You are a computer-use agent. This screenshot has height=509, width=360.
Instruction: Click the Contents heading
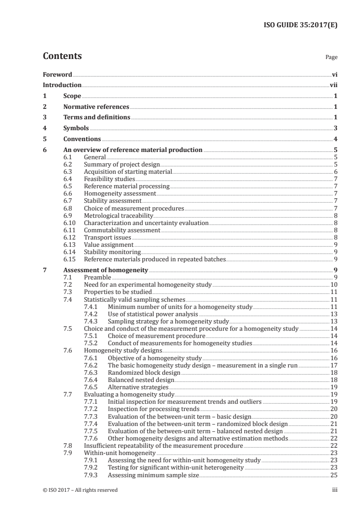coord(62,56)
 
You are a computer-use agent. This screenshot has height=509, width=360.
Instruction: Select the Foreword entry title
coord(57,74)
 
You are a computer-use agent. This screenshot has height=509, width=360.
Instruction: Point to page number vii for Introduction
coord(334,85)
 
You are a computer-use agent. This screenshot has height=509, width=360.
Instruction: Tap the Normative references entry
coord(96,107)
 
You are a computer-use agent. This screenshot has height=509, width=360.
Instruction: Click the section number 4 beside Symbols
coord(44,128)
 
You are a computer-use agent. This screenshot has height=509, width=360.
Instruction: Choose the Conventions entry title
coord(82,139)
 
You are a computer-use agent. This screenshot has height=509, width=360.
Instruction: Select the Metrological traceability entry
coord(118,215)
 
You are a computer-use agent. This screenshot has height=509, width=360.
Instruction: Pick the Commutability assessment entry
coord(122,230)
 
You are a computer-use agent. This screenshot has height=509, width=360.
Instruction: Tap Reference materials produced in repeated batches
coord(154,259)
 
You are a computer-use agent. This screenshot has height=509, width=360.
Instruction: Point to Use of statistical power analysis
coord(153,314)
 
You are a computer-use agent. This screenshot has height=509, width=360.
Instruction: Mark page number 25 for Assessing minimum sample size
coord(334,475)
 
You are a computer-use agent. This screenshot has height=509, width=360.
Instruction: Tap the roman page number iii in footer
coord(335,490)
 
